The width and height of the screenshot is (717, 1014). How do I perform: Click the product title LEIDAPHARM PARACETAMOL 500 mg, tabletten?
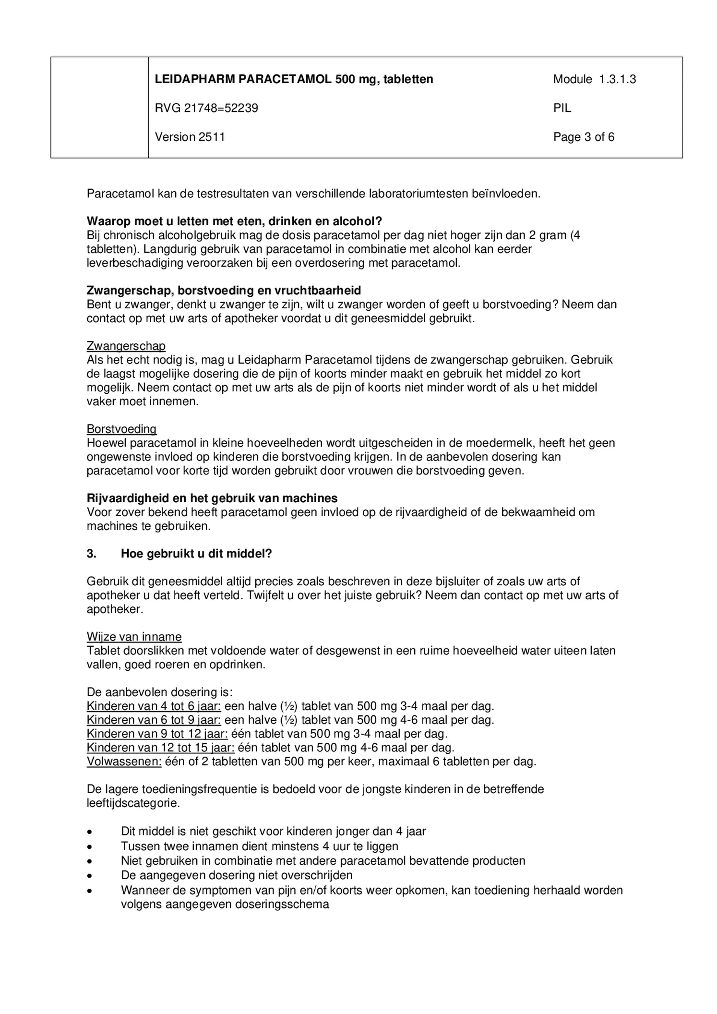pos(294,79)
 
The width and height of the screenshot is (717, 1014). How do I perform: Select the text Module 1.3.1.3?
pos(594,79)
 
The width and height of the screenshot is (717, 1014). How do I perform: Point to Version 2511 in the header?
pos(190,137)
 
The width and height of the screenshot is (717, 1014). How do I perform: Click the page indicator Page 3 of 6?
pos(583,137)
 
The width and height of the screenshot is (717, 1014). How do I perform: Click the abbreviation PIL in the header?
pos(562,108)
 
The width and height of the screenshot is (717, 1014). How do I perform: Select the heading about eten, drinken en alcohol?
pos(234,221)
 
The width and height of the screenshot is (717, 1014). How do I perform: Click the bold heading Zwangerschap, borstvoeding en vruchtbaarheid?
pos(224,290)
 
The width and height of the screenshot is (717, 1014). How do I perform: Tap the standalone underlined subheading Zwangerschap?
pos(126,346)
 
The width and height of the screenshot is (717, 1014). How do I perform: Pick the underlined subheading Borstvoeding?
pos(121,429)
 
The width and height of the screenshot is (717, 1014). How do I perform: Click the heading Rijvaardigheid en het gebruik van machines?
pos(212,498)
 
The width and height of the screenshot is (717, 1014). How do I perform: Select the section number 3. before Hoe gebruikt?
pos(91,554)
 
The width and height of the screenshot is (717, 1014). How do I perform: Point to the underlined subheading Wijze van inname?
pos(134,637)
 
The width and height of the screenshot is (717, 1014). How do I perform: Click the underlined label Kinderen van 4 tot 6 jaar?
pos(154,706)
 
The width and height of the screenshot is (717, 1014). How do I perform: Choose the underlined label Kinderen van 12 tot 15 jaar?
pos(160,748)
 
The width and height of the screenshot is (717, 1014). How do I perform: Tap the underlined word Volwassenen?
pos(124,761)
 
